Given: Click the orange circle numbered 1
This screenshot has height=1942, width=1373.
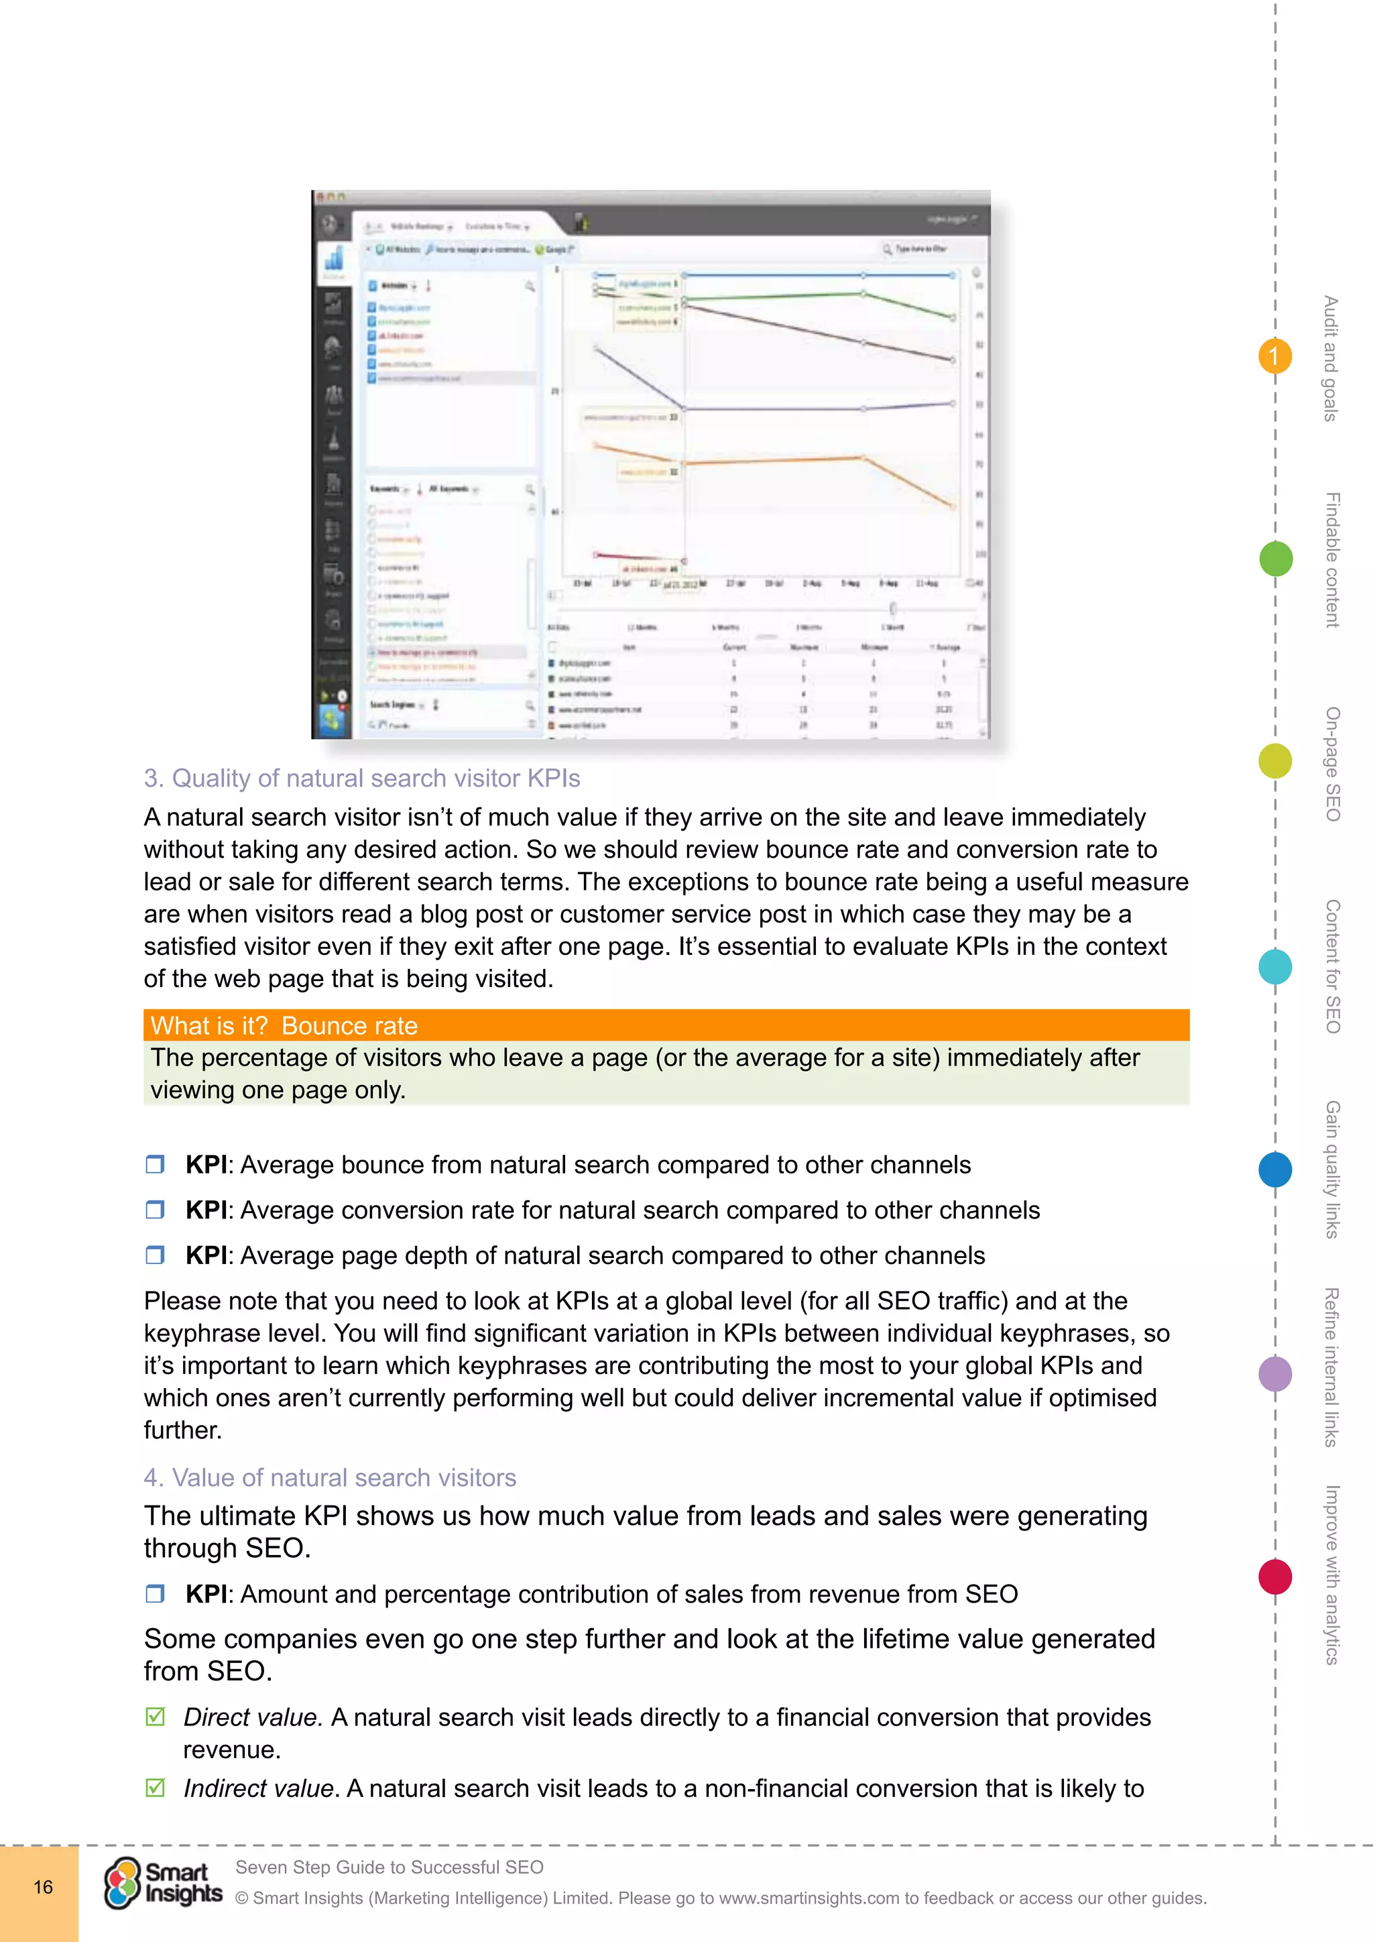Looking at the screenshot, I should point(1274,356).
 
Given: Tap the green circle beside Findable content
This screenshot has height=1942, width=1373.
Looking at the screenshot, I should point(1275,559).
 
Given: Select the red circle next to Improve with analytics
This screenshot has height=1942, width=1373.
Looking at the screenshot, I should point(1275,1577).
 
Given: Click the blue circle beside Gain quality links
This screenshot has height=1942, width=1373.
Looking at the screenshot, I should point(1275,1169).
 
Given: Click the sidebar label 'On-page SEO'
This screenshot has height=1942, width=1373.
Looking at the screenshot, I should point(1332,764).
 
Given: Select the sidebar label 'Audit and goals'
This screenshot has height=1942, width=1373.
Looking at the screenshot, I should point(1331,358).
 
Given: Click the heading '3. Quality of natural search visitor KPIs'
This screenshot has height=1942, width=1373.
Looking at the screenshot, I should point(362,778).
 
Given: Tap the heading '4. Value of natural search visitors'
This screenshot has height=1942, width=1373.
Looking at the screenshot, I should point(330,1478).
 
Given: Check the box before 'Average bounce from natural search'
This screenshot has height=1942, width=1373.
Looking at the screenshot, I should point(155,1165).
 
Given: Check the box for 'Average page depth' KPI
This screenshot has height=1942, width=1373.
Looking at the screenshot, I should point(155,1255).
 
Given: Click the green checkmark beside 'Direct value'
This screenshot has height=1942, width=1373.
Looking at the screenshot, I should point(155,1717).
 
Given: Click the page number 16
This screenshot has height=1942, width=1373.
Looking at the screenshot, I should point(42,1887).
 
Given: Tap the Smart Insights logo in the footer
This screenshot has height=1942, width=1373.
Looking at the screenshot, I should point(163,1884).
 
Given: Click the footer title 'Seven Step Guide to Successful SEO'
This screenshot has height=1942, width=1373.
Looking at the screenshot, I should point(389,1867).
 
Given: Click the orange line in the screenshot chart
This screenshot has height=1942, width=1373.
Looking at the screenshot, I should point(774,461).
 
